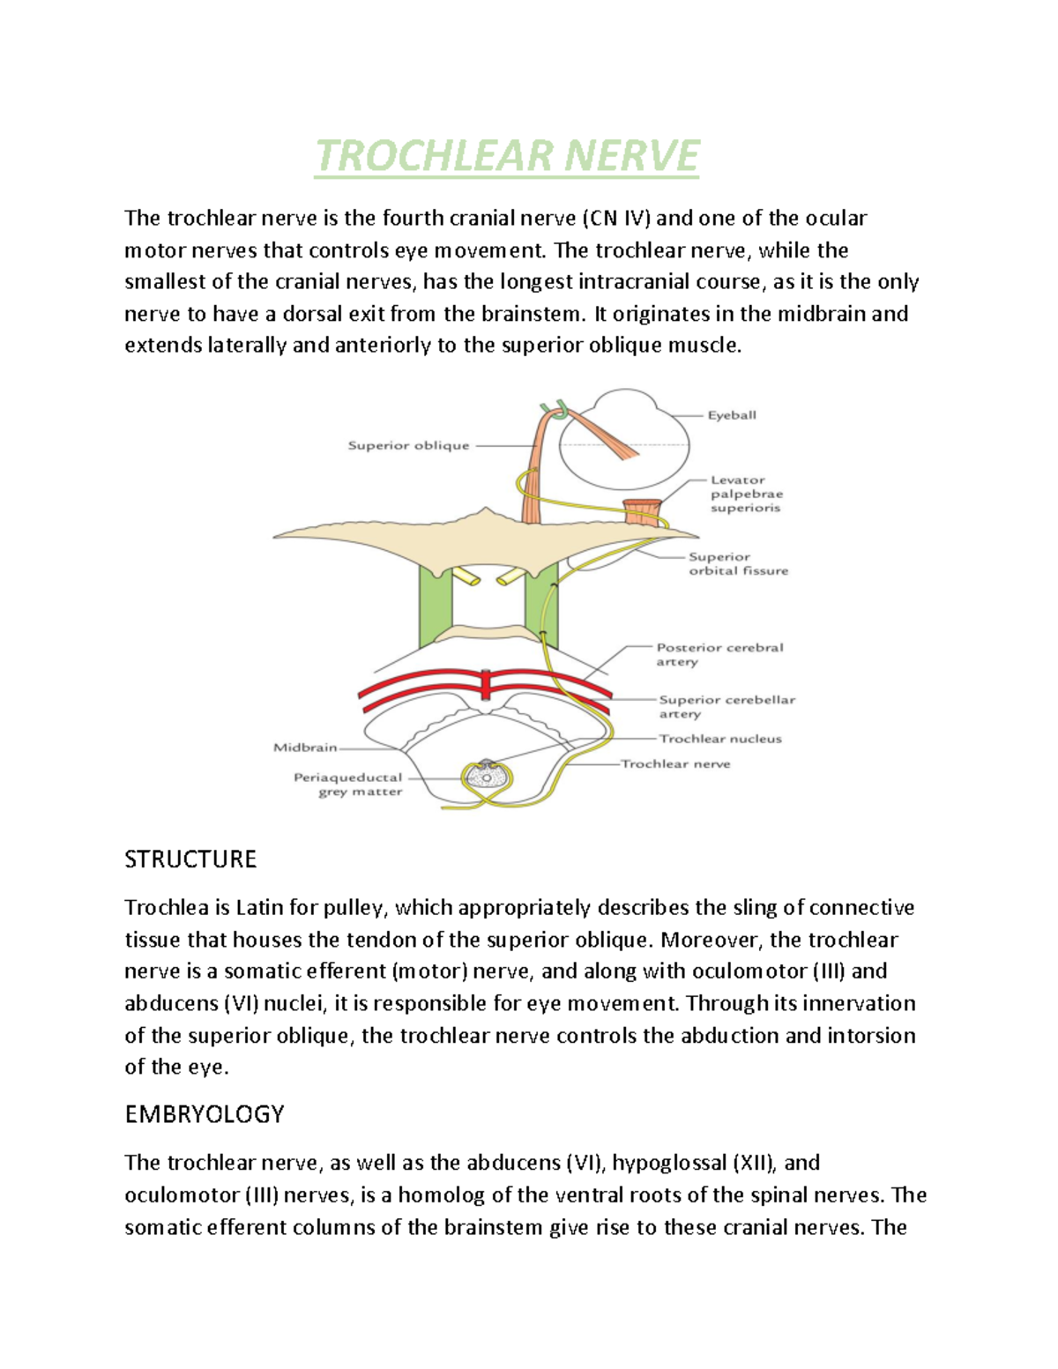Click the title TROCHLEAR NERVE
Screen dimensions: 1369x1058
pos(507,157)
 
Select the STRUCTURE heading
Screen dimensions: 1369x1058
pos(190,859)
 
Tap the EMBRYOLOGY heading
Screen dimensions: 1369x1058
pos(204,1114)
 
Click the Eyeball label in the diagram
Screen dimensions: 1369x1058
pos(732,415)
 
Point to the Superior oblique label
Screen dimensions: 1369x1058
pos(408,446)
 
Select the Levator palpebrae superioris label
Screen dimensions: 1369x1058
pos(746,494)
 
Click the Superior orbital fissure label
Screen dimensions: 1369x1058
pos(738,564)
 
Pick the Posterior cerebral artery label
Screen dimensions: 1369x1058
pos(719,654)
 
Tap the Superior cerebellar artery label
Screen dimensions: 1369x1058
pos(726,706)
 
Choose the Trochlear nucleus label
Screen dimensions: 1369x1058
pos(720,739)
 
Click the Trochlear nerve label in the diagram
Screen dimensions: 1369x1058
pos(675,763)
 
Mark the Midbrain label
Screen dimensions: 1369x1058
pos(305,748)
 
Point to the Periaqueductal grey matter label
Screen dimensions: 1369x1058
pos(348,785)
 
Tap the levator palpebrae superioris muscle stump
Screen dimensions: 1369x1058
pos(642,511)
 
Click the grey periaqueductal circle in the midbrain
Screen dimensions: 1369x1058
pos(484,777)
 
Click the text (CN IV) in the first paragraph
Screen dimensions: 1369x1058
pos(615,218)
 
